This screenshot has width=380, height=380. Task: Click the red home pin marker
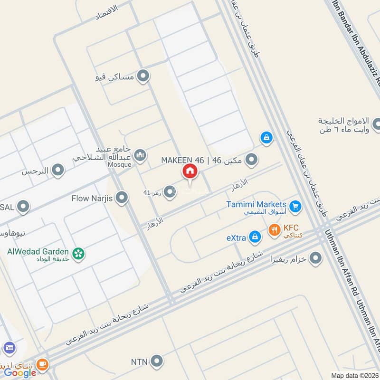(190, 172)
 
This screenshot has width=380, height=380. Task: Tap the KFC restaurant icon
(274, 231)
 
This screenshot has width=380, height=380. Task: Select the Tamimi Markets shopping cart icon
(295, 206)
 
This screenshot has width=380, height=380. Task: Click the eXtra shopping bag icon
(256, 237)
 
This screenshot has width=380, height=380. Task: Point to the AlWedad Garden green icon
(79, 254)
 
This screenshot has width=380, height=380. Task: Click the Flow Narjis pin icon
(122, 198)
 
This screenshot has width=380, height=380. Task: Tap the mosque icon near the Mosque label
(140, 155)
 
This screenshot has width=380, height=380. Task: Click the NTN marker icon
(156, 361)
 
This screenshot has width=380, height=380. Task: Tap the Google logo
(20, 373)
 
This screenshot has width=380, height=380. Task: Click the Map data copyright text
(355, 376)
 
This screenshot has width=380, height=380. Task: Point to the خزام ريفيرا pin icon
(315, 259)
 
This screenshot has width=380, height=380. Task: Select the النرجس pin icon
(58, 171)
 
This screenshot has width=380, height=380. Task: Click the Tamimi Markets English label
(256, 204)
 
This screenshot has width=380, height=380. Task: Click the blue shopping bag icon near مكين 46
(267, 138)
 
